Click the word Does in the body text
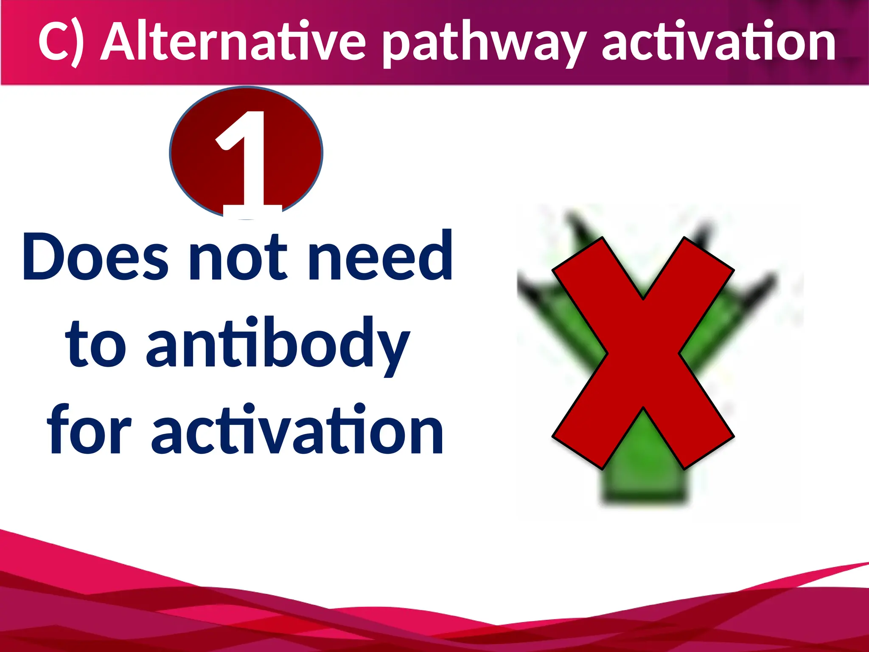click(x=95, y=257)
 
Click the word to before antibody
click(x=96, y=344)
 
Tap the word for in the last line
click(x=89, y=431)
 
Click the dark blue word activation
click(x=297, y=431)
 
